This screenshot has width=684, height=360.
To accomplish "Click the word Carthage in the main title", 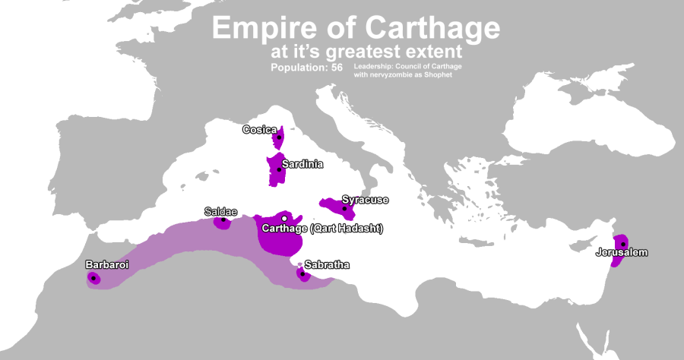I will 434,29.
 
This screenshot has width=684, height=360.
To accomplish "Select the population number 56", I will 337,68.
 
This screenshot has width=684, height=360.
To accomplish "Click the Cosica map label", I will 259,130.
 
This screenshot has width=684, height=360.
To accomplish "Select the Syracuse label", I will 365,200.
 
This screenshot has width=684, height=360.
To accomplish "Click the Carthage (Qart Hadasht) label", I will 321,229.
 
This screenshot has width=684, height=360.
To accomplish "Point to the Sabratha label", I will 327,264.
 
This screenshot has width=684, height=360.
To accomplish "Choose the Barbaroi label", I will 106,265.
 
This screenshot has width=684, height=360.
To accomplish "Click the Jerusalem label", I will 622,252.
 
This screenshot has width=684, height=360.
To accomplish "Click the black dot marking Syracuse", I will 344,207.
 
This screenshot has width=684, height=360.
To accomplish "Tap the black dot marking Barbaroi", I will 93,278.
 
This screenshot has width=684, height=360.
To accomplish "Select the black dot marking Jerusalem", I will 623,244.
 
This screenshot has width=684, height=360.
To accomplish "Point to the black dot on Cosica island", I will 279,137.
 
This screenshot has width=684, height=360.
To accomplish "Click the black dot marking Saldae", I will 223,220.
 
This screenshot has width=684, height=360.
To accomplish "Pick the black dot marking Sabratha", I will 302,273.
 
